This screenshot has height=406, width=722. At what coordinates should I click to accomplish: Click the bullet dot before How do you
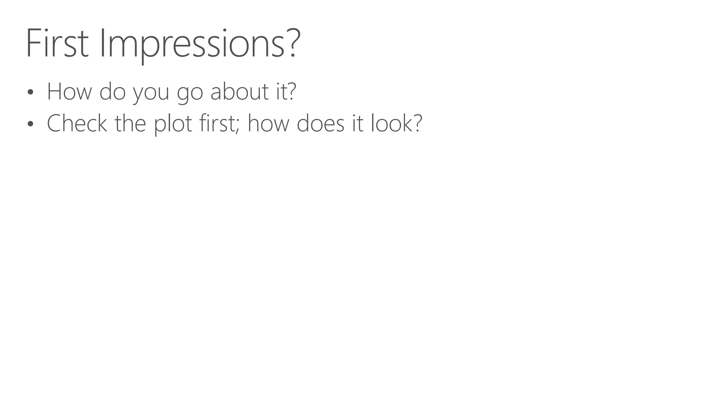pyautogui.click(x=30, y=92)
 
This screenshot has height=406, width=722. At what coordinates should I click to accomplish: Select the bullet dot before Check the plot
pyautogui.click(x=30, y=124)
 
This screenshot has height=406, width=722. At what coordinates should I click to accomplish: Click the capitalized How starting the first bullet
pyautogui.click(x=69, y=91)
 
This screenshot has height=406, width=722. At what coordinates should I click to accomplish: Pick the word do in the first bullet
pyautogui.click(x=112, y=91)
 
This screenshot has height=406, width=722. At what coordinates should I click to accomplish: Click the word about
pyautogui.click(x=239, y=91)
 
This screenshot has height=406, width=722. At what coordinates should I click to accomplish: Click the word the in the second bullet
pyautogui.click(x=130, y=123)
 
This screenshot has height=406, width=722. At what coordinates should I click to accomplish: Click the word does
pyautogui.click(x=320, y=123)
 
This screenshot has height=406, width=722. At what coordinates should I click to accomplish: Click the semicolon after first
pyautogui.click(x=238, y=125)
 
